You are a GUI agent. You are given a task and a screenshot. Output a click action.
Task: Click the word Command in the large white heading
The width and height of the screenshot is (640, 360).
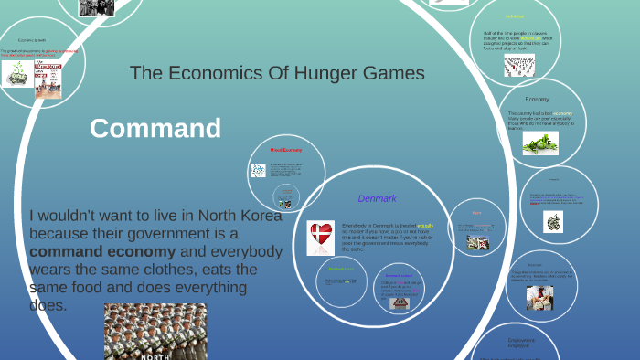pyautogui.click(x=155, y=128)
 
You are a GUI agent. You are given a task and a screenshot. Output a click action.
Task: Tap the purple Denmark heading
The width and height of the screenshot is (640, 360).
pyautogui.click(x=377, y=197)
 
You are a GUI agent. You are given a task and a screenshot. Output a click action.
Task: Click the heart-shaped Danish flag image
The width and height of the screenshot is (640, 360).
pyautogui.click(x=321, y=238)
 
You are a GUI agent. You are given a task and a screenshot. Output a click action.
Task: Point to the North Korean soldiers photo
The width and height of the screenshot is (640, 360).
pyautogui.click(x=155, y=332)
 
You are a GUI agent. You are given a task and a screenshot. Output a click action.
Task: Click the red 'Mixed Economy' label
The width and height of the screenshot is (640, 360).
pyautogui.click(x=285, y=149)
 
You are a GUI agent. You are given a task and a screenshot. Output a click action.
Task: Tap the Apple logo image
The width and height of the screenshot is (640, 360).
pyautogui.click(x=554, y=221)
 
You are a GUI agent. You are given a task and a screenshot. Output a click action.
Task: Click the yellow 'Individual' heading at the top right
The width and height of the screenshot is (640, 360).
pyautogui.click(x=516, y=16)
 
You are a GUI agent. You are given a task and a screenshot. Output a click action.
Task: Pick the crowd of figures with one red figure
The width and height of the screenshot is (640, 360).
pyautogui.click(x=518, y=64)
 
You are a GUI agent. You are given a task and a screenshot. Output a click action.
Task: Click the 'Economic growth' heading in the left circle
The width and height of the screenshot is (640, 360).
pyautogui.click(x=32, y=40)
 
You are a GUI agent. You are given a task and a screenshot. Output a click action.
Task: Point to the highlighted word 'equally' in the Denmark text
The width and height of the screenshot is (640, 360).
pyautogui.click(x=424, y=224)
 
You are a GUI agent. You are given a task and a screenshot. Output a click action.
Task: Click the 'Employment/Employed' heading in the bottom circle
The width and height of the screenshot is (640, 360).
pyautogui.click(x=520, y=344)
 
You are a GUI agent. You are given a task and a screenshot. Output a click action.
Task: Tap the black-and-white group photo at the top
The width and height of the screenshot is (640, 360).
pyautogui.click(x=97, y=7)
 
